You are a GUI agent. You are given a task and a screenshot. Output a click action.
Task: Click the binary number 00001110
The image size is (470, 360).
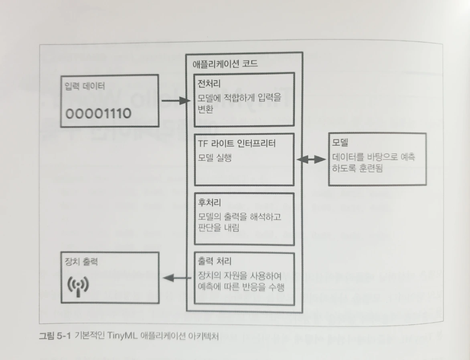coord(99,114)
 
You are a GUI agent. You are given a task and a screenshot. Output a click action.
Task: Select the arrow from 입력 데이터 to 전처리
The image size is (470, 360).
coord(175,101)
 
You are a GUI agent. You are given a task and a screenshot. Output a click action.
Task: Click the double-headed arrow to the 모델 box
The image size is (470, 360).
coord(312,160)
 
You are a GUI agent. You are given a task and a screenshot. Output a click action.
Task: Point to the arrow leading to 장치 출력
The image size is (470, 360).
coord(176,277)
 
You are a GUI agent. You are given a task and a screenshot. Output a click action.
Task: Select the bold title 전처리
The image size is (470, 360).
coord(209,83)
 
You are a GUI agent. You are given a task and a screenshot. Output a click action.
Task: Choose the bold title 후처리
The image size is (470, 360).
coord(209,202)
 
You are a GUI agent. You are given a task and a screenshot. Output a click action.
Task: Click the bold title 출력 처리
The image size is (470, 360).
coord(215,262)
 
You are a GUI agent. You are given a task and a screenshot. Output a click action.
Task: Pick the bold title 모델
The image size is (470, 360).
coord(341,143)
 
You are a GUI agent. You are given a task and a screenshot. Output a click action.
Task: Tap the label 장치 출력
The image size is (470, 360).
coord(81,262)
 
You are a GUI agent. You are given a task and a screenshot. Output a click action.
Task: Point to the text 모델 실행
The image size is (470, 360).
coord(215,158)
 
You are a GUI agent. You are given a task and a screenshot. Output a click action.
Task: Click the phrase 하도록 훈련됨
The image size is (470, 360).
coord(357,169)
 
